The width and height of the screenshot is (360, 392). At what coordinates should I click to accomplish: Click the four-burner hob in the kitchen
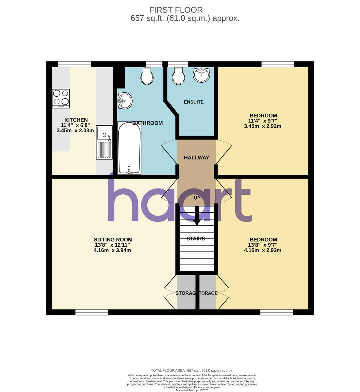[x=61, y=98]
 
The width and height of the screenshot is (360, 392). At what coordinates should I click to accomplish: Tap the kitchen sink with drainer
[x=104, y=142]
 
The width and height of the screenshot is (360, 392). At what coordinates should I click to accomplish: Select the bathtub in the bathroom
[x=129, y=148]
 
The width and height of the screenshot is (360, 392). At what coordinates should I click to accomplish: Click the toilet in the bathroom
[x=147, y=76]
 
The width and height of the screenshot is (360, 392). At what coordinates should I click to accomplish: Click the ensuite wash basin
[x=201, y=75]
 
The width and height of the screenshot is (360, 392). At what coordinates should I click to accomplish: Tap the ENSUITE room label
[x=194, y=102]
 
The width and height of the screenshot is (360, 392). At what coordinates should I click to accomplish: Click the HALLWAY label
[x=196, y=157]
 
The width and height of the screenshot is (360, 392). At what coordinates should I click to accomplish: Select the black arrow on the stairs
[x=197, y=217]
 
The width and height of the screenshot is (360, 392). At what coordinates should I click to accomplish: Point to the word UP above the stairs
[x=197, y=198]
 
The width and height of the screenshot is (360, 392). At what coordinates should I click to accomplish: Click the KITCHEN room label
[x=76, y=120]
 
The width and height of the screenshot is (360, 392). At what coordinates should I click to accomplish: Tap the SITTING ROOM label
[x=113, y=239]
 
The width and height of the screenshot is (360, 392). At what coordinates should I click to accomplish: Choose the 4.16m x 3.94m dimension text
[x=112, y=250]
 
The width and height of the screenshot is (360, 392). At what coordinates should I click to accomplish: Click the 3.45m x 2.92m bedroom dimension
[x=263, y=126]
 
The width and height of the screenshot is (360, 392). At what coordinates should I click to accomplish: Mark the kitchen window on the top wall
[x=74, y=64]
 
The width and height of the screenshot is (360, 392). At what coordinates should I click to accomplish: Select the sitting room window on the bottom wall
[x=92, y=312]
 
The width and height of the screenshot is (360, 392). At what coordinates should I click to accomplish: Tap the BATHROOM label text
[x=147, y=123]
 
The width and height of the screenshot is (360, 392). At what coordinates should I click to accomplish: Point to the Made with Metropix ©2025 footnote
[x=192, y=390]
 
